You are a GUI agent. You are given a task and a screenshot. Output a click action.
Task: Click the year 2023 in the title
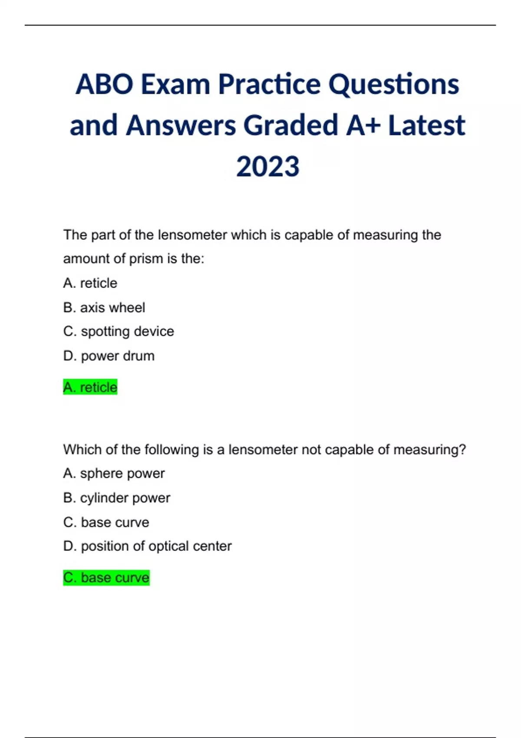[x=267, y=167]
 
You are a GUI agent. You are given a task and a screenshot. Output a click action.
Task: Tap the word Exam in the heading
[x=175, y=84]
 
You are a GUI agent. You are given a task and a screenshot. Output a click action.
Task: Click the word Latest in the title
[x=426, y=125]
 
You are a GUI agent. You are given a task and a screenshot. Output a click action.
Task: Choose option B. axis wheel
[x=104, y=307]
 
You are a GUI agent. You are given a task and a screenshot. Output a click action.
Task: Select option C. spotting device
[x=119, y=331]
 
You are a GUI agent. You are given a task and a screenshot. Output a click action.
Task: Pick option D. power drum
[x=109, y=356]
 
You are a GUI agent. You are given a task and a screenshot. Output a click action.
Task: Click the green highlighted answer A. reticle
[x=90, y=387]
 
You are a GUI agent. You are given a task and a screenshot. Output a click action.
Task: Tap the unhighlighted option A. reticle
[x=90, y=283]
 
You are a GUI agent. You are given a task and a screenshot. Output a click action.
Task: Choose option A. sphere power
[x=114, y=473]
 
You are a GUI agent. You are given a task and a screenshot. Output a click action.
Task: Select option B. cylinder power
[x=117, y=498]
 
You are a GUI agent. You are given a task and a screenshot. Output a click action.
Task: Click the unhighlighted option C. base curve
[x=106, y=522]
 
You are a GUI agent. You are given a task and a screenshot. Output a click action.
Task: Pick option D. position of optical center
[x=148, y=546]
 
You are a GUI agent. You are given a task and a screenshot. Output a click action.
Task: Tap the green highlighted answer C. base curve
[x=106, y=578]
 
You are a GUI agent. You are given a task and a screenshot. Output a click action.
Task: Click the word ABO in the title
[x=105, y=84]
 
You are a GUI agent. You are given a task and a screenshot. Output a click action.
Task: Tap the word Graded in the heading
[x=291, y=125]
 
